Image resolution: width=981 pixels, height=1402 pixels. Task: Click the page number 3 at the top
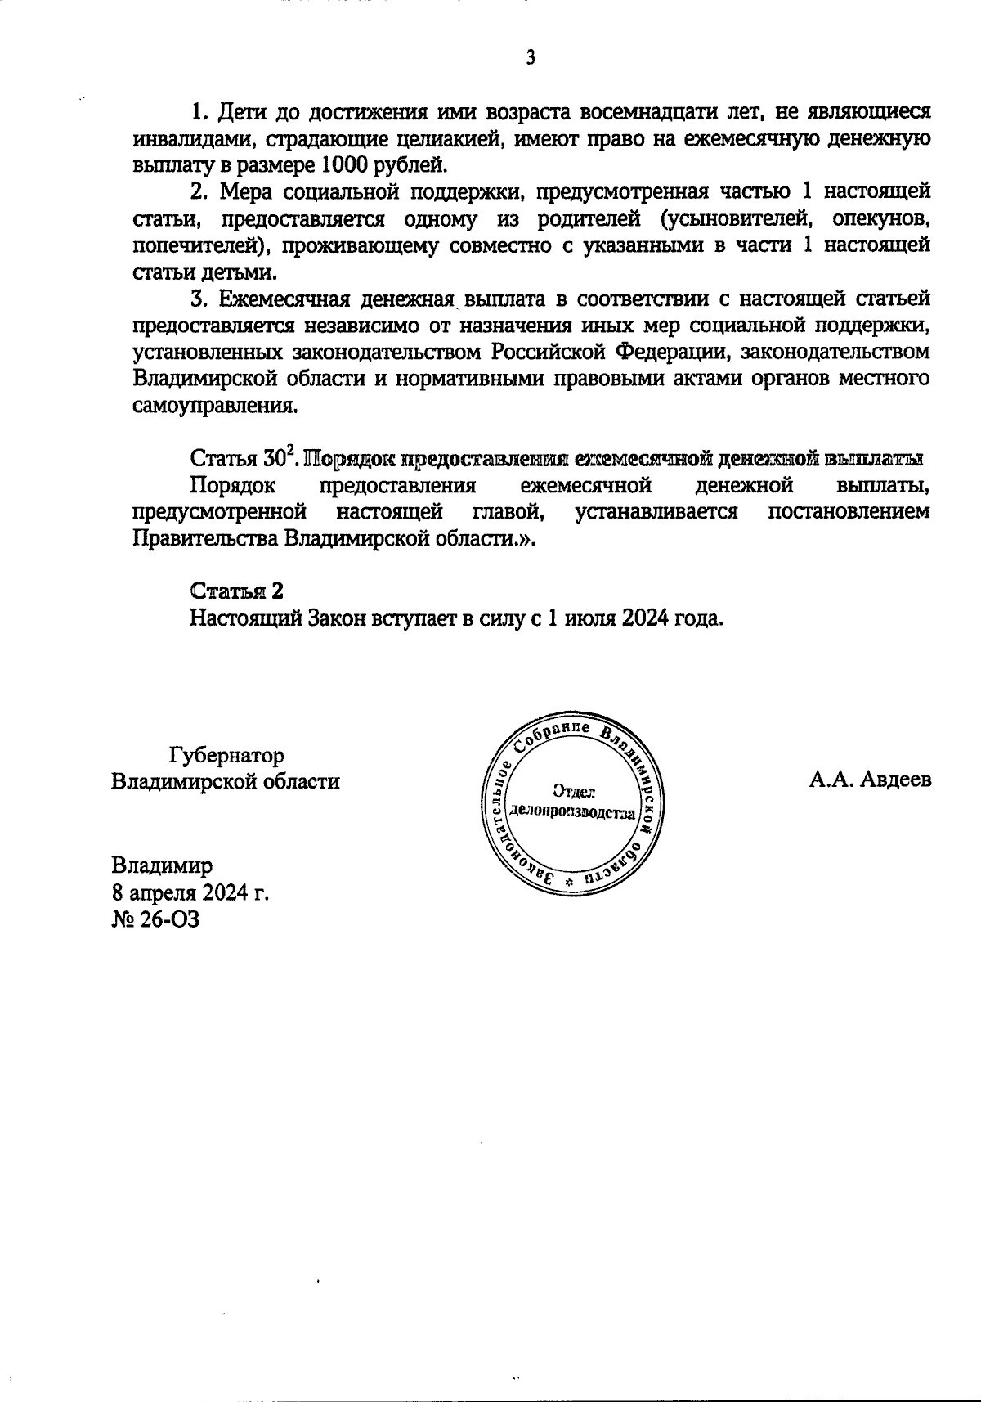(531, 57)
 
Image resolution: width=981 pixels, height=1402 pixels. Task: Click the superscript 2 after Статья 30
(289, 451)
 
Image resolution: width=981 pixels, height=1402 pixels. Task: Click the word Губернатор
(226, 754)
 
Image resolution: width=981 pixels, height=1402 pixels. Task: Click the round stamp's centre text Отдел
(573, 791)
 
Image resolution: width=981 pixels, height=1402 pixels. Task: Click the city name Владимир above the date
(162, 865)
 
